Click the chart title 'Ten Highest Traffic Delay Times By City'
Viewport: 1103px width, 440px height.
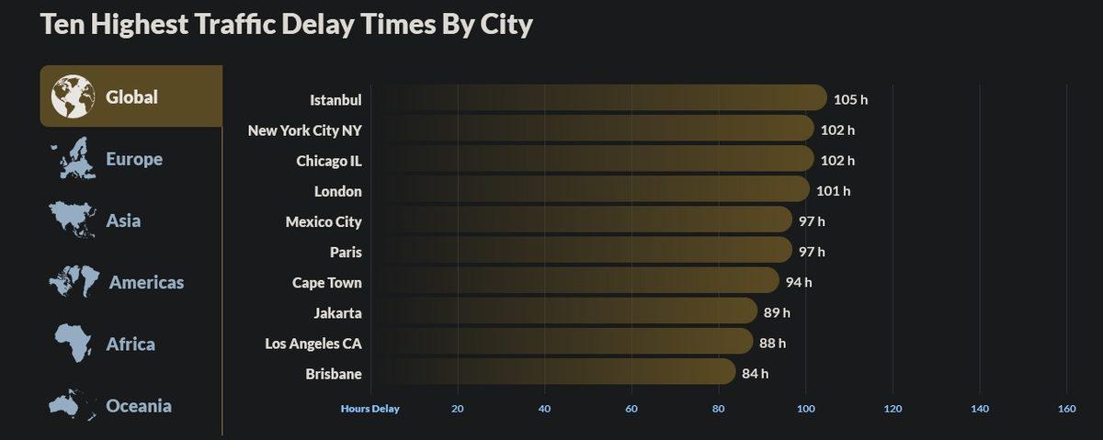coord(286,24)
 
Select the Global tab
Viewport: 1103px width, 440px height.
coord(131,96)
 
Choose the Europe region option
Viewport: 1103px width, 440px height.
coord(133,159)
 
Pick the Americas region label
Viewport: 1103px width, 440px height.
coord(146,283)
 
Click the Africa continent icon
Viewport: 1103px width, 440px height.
coord(73,344)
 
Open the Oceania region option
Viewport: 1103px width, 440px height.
coord(138,405)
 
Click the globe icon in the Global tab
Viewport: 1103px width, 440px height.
coord(73,96)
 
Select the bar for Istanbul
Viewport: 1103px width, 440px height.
coord(597,98)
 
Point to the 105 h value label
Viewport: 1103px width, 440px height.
coord(850,99)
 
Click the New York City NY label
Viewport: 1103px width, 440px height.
coord(304,130)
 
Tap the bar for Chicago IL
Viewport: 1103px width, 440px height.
coord(593,160)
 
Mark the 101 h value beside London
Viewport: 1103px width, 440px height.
coord(834,191)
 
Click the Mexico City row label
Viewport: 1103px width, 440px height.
coord(324,221)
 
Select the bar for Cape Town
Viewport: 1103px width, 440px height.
coord(574,281)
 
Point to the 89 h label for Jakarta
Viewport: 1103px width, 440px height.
coord(777,312)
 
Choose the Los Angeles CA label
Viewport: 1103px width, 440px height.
coord(313,344)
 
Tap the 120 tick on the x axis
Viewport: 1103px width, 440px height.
coord(893,409)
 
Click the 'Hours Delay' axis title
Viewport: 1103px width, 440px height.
coord(370,409)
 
